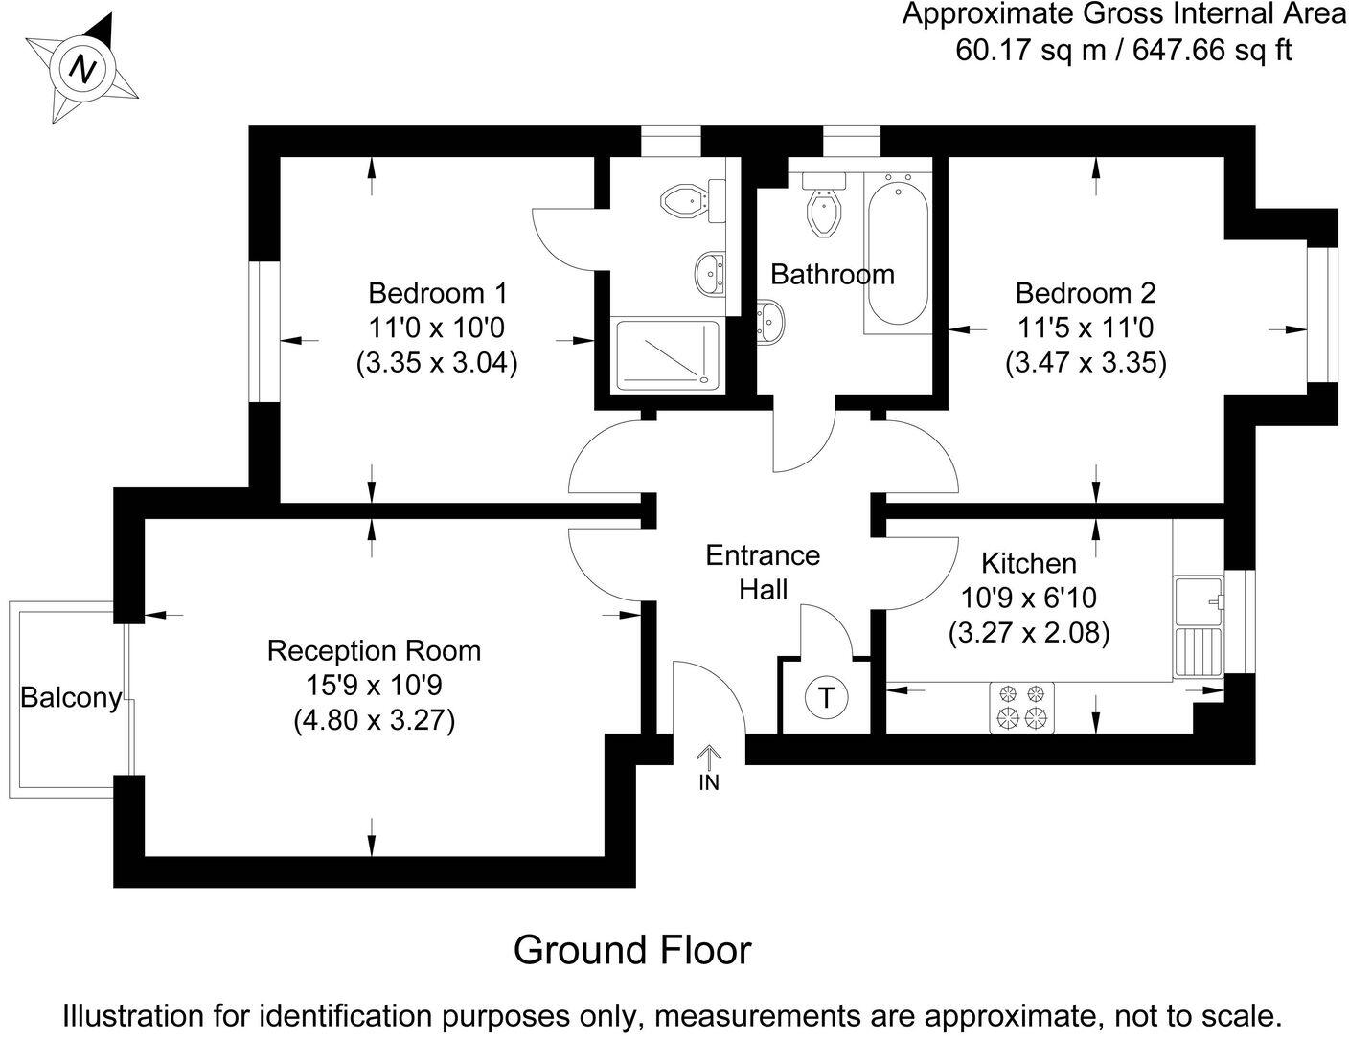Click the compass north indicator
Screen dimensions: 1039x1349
[x=84, y=68]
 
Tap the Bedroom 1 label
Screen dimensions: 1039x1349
[x=437, y=292]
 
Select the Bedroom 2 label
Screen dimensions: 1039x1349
[x=1086, y=292]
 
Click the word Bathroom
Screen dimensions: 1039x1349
[x=833, y=275]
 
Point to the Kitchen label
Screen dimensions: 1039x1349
[x=1029, y=563]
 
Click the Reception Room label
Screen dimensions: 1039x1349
[x=374, y=651]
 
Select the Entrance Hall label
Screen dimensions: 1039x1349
[x=763, y=572]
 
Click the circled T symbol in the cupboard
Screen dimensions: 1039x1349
[x=826, y=697]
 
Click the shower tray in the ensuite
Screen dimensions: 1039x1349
[x=667, y=354]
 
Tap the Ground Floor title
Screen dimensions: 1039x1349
[x=632, y=950]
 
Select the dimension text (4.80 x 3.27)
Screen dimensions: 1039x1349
[x=374, y=719]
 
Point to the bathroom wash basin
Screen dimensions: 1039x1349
[x=772, y=320]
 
